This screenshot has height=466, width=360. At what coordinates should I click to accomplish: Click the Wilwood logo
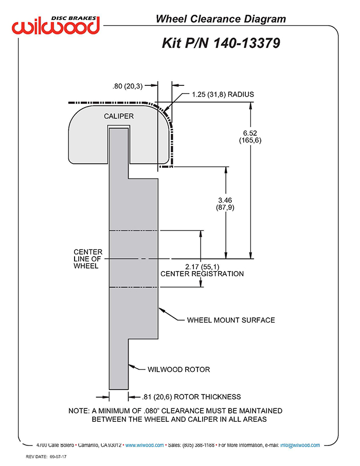click(x=57, y=25)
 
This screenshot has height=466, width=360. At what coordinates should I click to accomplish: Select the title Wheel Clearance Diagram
click(x=220, y=20)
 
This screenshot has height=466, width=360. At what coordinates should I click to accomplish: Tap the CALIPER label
click(x=119, y=116)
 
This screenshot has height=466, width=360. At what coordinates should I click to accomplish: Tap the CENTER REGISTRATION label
click(x=202, y=274)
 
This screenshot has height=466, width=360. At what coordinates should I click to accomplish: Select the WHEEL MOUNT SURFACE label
click(x=231, y=320)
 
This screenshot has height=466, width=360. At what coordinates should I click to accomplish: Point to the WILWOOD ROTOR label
click(x=178, y=369)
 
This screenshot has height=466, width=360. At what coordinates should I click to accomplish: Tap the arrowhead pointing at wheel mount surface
click(x=161, y=310)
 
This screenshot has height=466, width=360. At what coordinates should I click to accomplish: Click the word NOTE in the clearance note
click(x=78, y=411)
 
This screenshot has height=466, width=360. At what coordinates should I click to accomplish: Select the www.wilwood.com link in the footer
click(x=145, y=445)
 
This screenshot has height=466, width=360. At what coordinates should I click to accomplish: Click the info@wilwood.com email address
click(x=300, y=445)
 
